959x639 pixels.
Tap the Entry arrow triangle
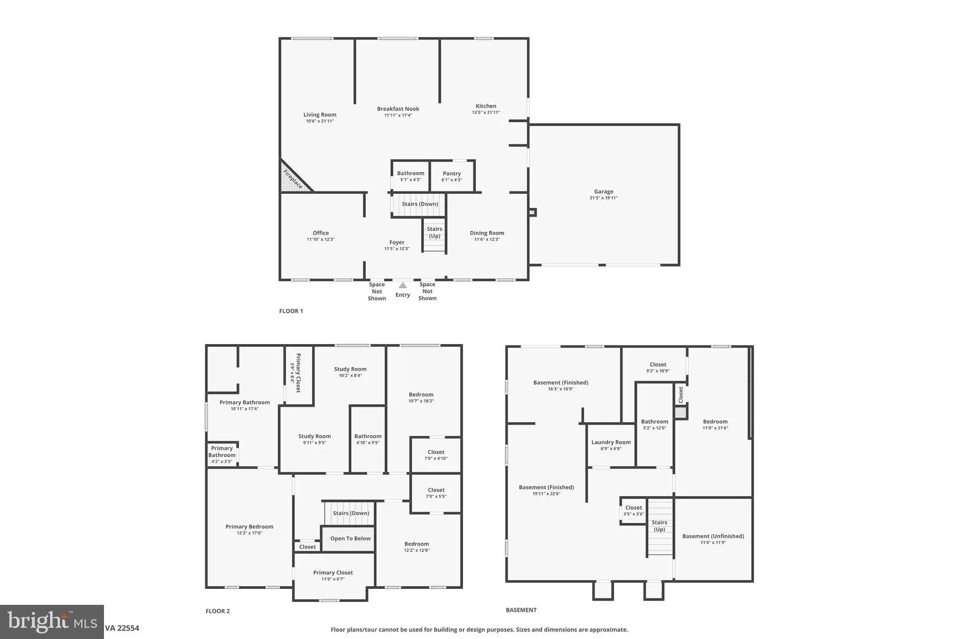pos(403,285)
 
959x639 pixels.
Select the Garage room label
pos(604,191)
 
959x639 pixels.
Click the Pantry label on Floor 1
pos(452,173)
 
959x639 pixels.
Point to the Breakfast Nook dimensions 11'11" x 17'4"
pos(398,116)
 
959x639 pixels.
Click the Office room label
pos(321,233)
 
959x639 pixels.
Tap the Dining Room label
pos(487,233)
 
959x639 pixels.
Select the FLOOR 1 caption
pos(291,311)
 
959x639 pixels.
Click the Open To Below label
pos(350,538)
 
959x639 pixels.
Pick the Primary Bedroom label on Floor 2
pos(249,527)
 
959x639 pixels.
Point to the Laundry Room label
pos(611,442)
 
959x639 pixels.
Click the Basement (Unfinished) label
pos(713,536)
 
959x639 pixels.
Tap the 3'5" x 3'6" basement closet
pos(634,510)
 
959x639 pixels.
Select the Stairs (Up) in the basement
pos(660,528)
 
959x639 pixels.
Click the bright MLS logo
pos(52,622)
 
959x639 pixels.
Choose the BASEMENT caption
pos(521,610)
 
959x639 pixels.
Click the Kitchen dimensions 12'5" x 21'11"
pos(486,112)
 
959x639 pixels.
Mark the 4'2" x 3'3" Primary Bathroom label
pos(222,455)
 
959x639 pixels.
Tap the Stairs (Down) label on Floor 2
pos(351,513)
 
